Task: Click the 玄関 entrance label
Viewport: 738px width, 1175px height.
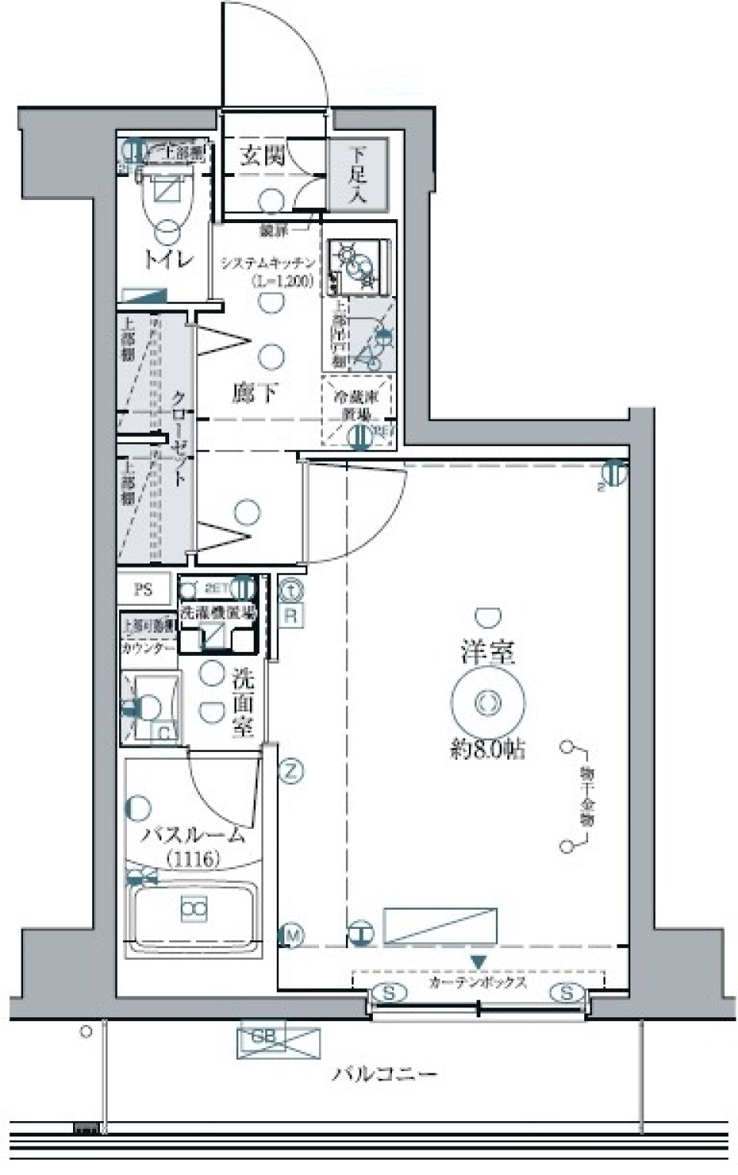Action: [x=262, y=156]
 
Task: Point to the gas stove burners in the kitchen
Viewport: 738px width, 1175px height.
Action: [x=357, y=265]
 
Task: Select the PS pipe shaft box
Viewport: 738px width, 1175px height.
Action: [x=144, y=590]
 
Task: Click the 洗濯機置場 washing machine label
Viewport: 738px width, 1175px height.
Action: [x=218, y=613]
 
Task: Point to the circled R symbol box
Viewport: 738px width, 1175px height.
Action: [x=291, y=615]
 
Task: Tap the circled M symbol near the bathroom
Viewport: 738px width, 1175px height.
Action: [x=292, y=935]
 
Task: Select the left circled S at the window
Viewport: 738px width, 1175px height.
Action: [x=390, y=993]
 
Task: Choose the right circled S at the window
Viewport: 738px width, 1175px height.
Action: [x=566, y=993]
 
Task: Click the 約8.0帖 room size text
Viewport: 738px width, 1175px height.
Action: [x=487, y=749]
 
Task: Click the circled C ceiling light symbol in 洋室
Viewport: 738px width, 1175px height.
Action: [x=487, y=702]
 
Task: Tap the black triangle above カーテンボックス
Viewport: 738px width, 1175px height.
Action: [x=478, y=962]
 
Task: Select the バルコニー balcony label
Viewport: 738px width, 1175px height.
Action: [x=384, y=1073]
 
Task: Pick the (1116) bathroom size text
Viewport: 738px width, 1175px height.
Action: [x=194, y=858]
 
